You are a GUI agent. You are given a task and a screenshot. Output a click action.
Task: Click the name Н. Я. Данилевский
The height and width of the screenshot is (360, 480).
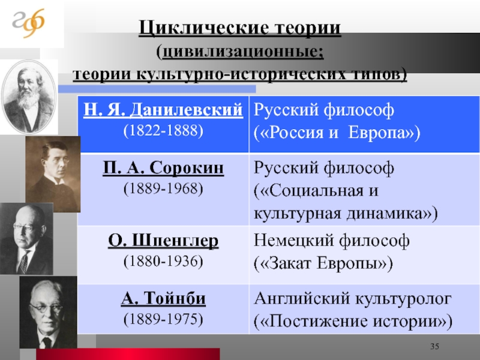pyautogui.click(x=163, y=110)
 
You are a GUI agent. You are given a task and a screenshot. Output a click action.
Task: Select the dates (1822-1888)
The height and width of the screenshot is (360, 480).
pyautogui.click(x=163, y=131)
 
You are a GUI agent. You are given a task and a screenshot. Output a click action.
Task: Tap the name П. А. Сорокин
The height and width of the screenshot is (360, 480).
pyautogui.click(x=163, y=168)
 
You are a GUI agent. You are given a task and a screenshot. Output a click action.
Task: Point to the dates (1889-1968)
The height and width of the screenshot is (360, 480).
pyautogui.click(x=163, y=188)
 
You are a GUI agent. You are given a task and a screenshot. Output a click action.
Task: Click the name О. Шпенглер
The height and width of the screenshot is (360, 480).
pyautogui.click(x=163, y=241)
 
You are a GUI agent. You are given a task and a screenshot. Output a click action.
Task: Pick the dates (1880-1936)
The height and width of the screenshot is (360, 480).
pyautogui.click(x=163, y=262)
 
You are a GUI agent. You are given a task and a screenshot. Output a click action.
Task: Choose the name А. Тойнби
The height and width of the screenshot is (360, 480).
pyautogui.click(x=163, y=298)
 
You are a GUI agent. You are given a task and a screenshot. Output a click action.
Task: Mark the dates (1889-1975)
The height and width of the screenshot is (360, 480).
pyautogui.click(x=163, y=319)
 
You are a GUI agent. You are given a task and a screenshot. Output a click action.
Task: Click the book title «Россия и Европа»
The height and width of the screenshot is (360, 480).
pyautogui.click(x=337, y=133)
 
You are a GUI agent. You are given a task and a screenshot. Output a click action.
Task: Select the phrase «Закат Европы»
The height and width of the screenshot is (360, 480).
pyautogui.click(x=323, y=263)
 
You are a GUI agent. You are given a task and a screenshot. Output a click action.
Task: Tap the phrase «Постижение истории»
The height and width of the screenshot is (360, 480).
pyautogui.click(x=353, y=322)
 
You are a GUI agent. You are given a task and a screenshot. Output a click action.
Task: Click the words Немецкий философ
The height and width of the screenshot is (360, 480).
pyautogui.click(x=332, y=241)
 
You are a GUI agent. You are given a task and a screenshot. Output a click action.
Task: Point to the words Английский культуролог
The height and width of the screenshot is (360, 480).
pyautogui.click(x=353, y=298)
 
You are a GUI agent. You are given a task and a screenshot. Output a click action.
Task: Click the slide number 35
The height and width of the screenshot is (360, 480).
pyautogui.click(x=434, y=347)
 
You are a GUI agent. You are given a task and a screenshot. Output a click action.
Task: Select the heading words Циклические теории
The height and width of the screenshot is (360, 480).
pyautogui.click(x=239, y=28)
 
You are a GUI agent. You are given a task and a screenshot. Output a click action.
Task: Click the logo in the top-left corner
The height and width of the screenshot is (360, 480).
pyautogui.click(x=28, y=23)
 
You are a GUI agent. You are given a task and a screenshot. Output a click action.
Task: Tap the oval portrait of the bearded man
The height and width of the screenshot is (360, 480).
pyautogui.click(x=29, y=97)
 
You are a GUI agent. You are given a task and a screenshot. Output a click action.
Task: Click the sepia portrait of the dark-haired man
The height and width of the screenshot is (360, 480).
pyautogui.click(x=53, y=174)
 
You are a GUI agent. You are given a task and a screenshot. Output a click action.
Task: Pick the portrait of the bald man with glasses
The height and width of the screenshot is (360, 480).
pyautogui.click(x=26, y=239)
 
